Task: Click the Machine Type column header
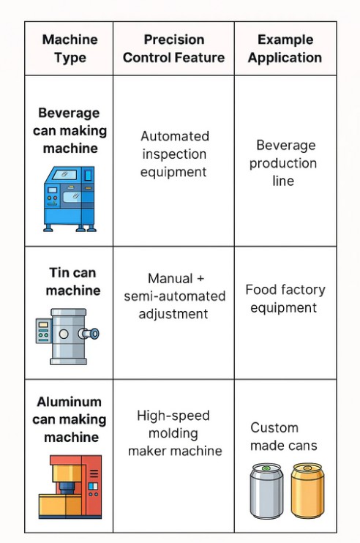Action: [x=70, y=48]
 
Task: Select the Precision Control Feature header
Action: [x=173, y=48]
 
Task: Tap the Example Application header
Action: [x=285, y=48]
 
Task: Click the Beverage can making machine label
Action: [x=70, y=130]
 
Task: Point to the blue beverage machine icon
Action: [x=70, y=199]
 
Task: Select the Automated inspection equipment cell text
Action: [x=174, y=154]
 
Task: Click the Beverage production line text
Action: [x=283, y=162]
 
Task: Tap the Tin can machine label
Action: [x=73, y=281]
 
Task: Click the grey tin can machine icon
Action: [x=67, y=336]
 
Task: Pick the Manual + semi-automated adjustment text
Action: [x=174, y=296]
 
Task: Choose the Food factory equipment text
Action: [x=285, y=299]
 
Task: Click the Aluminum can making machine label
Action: [x=70, y=419]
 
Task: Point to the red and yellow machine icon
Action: [x=70, y=487]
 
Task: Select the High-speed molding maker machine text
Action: [x=174, y=433]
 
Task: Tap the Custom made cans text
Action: [x=283, y=436]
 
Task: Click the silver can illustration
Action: [x=266, y=491]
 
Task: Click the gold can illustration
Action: [x=307, y=490]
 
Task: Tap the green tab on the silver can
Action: [x=266, y=468]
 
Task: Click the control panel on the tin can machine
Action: [x=44, y=331]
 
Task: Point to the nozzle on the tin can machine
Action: [x=89, y=334]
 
